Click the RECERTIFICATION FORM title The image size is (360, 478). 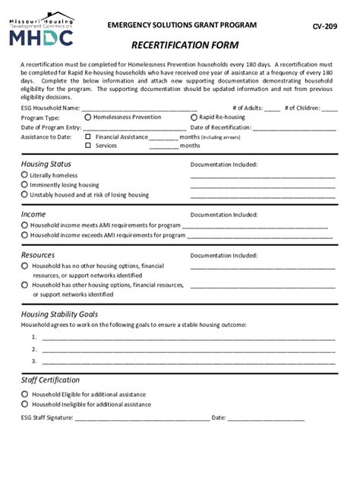(185, 46)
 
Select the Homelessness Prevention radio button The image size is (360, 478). (88, 118)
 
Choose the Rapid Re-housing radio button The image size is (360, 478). (194, 118)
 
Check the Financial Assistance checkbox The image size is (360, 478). (88, 137)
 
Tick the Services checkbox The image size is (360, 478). (88, 146)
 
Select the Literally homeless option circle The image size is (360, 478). (25, 175)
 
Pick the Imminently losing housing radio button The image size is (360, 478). (25, 185)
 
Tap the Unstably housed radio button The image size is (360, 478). (25, 195)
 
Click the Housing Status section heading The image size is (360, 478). (46, 164)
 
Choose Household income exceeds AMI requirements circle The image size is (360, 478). (25, 235)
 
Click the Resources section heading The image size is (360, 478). (38, 256)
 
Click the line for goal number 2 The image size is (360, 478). (188, 351)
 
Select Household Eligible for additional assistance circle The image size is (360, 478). (25, 395)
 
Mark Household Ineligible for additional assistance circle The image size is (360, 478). (25, 404)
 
